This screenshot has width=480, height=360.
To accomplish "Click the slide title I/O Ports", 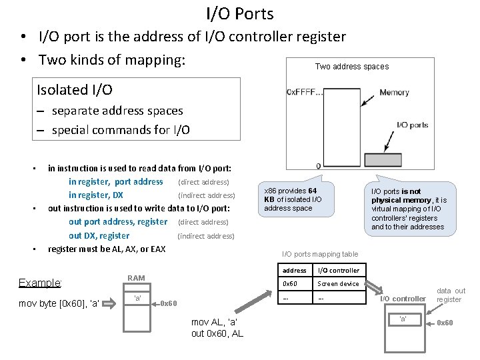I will pos(240,13).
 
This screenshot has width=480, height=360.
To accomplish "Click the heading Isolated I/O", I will pos(75,89).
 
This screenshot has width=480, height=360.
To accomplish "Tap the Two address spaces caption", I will pos(351,66).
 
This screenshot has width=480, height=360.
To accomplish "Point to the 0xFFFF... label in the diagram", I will pos(305,91).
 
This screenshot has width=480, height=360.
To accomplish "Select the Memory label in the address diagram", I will pos(394,93).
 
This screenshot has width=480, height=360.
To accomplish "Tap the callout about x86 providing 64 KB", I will pos(293,199).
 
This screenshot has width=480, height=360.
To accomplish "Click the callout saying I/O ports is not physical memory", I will pos(409,209).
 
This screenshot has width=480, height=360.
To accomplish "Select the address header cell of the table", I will pos(294,271).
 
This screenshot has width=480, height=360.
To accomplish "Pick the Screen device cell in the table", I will pos(338,284).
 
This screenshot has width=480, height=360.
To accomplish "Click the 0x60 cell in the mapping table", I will pos(290,284).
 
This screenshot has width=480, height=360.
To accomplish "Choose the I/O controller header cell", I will pos(338,271).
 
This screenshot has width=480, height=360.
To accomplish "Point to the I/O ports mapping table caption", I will pos(320,254).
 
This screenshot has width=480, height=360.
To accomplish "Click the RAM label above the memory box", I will pos(136,278).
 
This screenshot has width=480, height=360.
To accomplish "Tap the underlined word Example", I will pos(40,283).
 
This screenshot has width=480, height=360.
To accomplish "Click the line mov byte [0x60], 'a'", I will pos(59,304).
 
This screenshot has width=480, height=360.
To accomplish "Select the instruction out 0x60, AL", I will pos(217,333).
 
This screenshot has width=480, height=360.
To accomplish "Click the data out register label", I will pos(451,295).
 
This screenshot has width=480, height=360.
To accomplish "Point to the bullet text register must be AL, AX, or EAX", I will pos(107,249).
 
